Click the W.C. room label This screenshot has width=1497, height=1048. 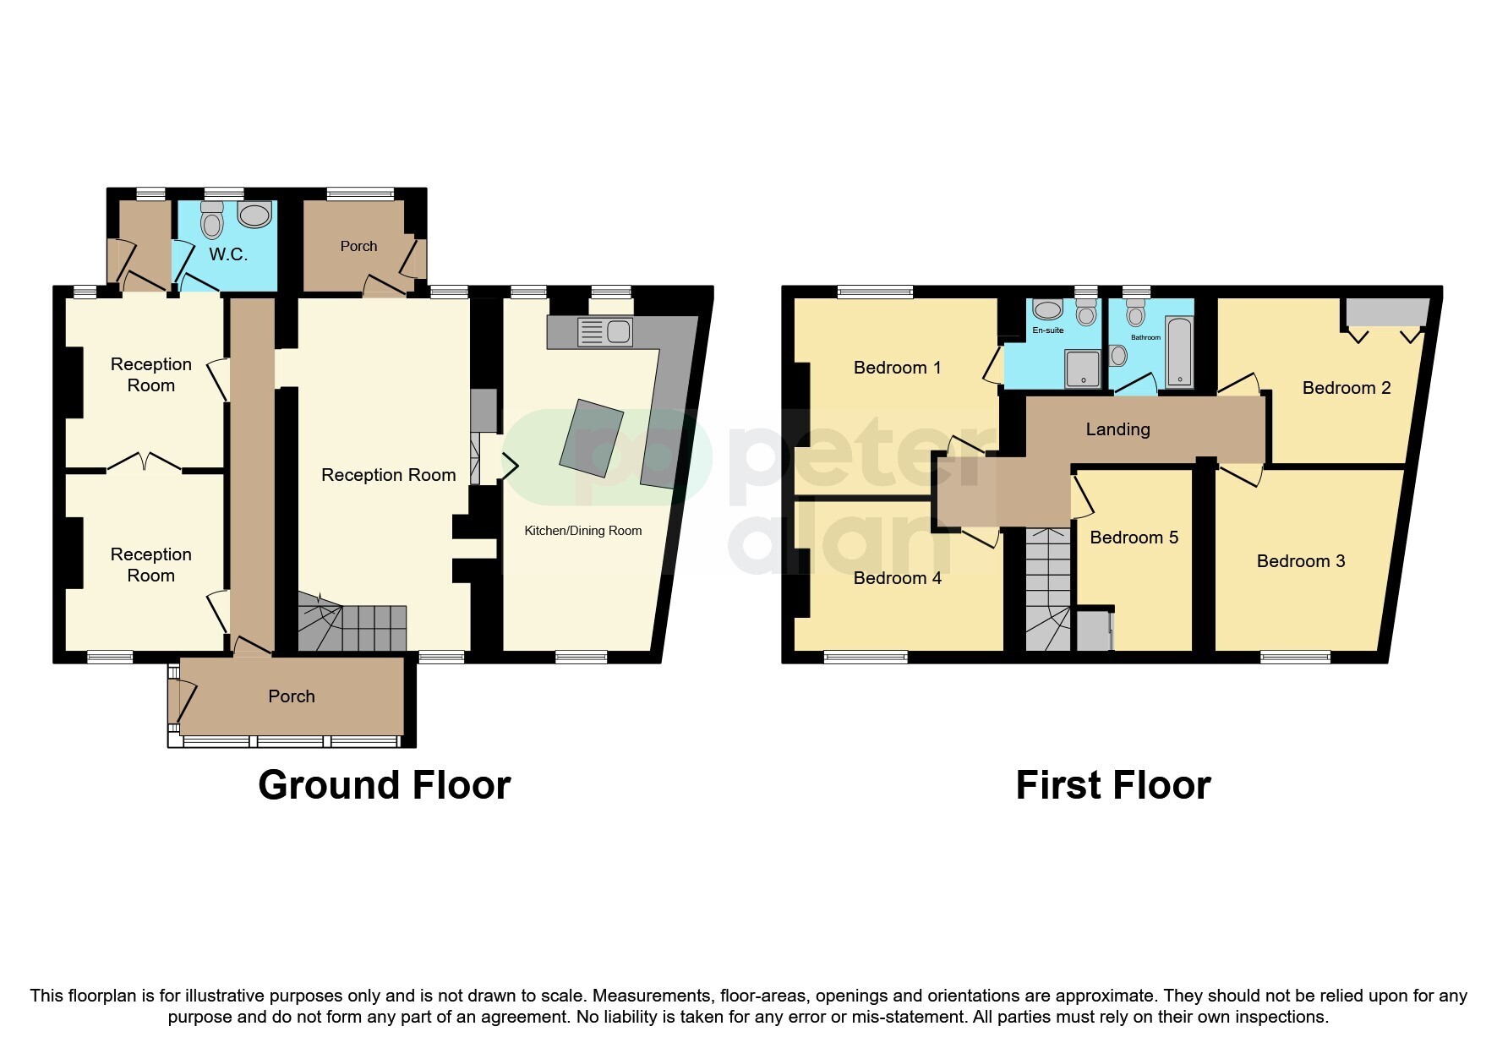coord(228,254)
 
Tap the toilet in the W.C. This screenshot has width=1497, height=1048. coord(211,221)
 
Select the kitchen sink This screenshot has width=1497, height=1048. coord(605,332)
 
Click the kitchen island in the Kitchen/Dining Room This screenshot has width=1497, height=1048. coord(592,438)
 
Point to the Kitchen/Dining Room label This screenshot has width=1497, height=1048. coord(582,531)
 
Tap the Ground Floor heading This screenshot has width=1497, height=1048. coord(384,785)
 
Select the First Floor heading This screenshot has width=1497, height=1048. coord(1112,785)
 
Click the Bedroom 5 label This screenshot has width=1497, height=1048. coord(1134,538)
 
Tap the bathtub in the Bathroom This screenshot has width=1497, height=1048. coord(1179,352)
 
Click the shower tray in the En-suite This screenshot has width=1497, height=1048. coord(1083,368)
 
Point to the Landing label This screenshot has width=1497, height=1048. coord(1117,429)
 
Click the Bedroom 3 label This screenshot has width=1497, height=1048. coord(1300,561)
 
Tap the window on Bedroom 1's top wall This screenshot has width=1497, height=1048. coord(875,292)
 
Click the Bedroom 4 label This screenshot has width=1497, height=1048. coord(897,578)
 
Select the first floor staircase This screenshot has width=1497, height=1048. coord(1047,592)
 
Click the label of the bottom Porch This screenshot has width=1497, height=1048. coord(292,696)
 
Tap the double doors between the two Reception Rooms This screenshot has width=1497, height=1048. coord(145,464)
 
